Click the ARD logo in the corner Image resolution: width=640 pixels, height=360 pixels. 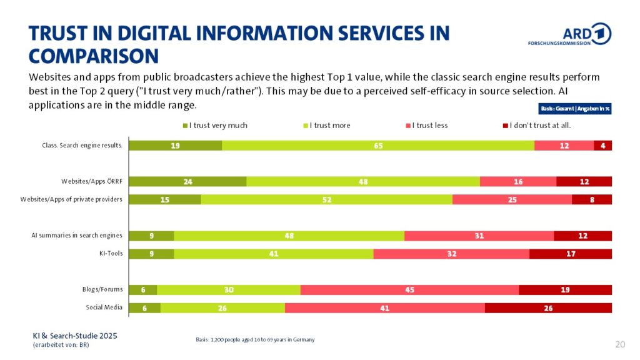pos(569,35)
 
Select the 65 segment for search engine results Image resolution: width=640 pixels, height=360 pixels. pos(378,146)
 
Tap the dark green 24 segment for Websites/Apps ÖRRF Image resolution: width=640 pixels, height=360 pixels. pos(188,181)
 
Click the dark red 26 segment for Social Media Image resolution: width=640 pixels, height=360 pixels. pos(548,308)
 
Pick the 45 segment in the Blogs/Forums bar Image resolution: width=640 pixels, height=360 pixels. pos(409,290)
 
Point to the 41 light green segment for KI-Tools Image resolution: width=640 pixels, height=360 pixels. pos(273,254)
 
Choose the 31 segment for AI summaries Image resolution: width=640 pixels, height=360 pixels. pos(479,236)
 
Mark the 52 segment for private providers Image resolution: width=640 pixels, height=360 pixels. pos(326,199)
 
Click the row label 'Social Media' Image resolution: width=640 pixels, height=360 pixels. pos(104,307)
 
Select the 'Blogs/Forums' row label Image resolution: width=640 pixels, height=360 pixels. pos(102,289)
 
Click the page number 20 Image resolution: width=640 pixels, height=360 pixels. pos(620,344)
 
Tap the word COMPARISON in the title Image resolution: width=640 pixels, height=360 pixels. pos(94,56)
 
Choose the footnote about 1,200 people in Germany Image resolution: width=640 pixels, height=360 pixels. pos(255,339)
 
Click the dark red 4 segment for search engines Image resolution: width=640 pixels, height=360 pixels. pos(602,146)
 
